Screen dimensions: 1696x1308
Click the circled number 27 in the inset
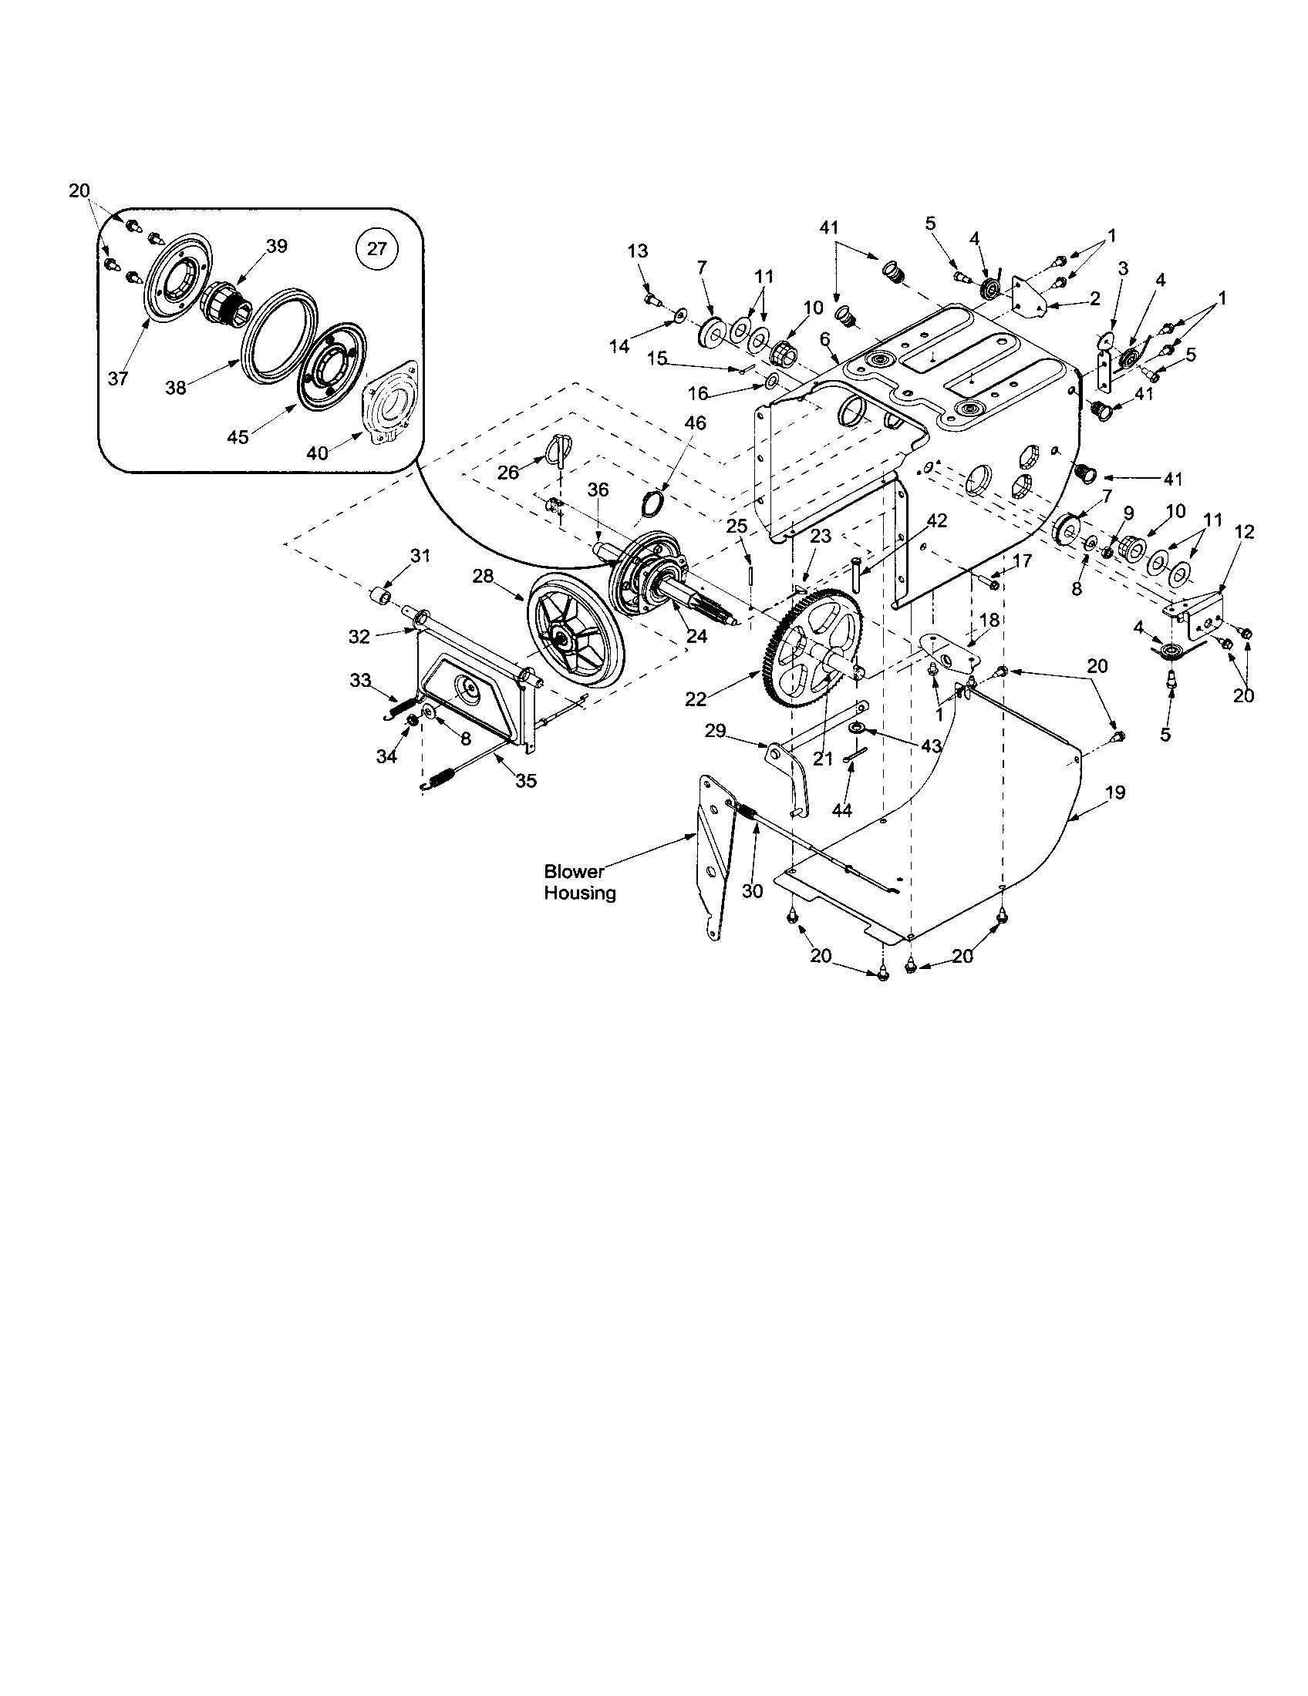tap(376, 249)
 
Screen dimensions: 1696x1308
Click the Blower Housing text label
tap(579, 882)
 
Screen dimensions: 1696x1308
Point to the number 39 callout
tap(277, 246)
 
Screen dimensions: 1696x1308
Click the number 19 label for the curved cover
tap(1114, 792)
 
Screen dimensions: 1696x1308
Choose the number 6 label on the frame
tap(824, 338)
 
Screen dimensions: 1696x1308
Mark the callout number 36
tap(598, 490)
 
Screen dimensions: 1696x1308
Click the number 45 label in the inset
tap(238, 437)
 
